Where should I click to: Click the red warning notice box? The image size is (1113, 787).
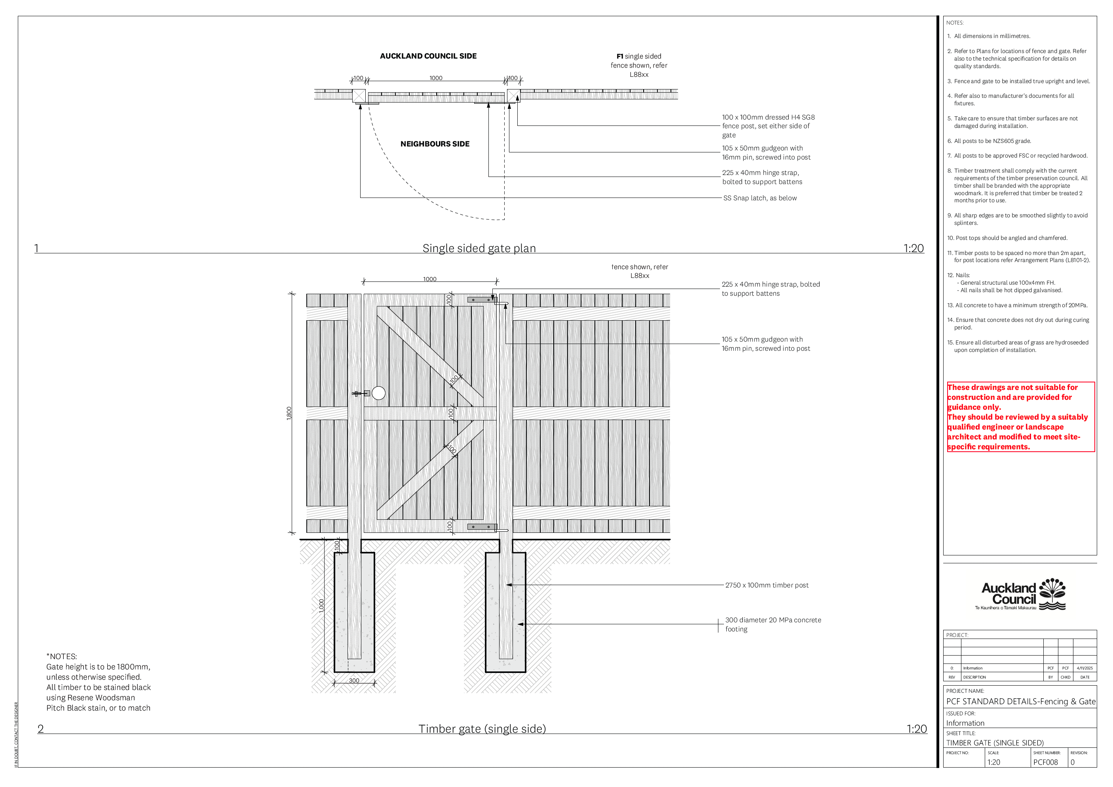[x=1020, y=416]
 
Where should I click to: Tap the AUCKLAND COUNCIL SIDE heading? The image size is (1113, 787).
[x=428, y=56]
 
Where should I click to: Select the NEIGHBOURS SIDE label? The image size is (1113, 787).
[x=435, y=144]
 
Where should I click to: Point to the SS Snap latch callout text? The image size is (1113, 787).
[x=760, y=198]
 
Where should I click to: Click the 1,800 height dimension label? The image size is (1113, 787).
[x=289, y=413]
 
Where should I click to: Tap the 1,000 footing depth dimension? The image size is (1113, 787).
[x=321, y=606]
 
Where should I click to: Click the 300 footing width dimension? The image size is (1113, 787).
[x=354, y=681]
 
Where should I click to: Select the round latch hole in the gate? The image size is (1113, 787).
[x=378, y=393]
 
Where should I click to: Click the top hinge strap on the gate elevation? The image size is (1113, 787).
[x=481, y=300]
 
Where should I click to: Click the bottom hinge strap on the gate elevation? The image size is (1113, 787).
[x=481, y=527]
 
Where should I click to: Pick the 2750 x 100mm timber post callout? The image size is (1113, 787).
[x=766, y=585]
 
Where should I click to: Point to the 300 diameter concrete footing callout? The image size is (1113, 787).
[x=773, y=625]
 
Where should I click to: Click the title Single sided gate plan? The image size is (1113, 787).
[x=479, y=248]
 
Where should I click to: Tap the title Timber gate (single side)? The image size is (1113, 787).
[x=482, y=729]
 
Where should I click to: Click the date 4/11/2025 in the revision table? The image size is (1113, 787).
[x=1085, y=668]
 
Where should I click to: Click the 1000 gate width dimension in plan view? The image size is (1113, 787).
[x=436, y=78]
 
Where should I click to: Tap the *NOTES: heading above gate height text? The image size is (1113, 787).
[x=62, y=657]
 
